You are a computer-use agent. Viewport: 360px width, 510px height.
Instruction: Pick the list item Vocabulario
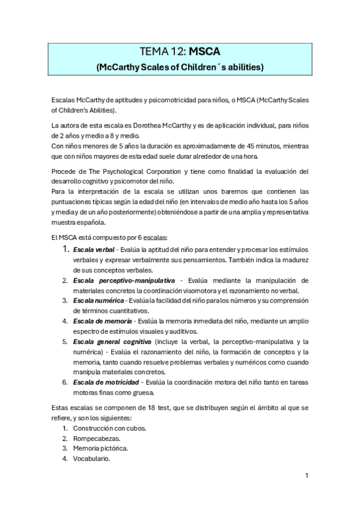click(x=91, y=458)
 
